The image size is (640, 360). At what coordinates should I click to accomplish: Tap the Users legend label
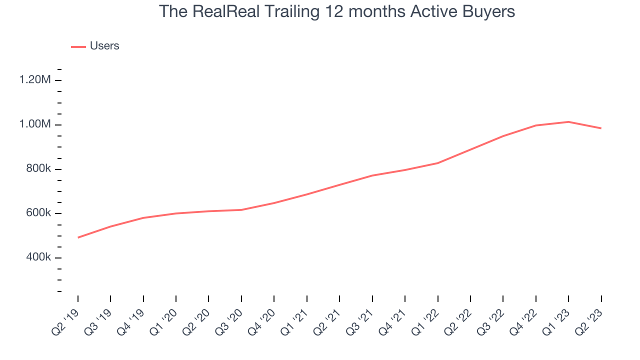tap(104, 46)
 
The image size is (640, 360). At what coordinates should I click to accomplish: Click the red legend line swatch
tap(78, 46)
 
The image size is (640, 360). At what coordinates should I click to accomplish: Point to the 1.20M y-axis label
tap(35, 80)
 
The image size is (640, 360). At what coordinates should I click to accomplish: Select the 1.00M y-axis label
tap(35, 124)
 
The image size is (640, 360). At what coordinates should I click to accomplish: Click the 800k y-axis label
tap(38, 169)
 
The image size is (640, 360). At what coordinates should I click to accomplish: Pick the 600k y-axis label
tap(38, 213)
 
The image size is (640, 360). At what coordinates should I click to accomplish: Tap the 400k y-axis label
tap(38, 258)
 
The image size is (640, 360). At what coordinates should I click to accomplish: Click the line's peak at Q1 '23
tap(568, 122)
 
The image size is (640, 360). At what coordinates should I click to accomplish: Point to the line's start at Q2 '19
tap(78, 237)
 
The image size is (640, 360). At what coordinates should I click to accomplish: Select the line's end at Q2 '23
tap(601, 128)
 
